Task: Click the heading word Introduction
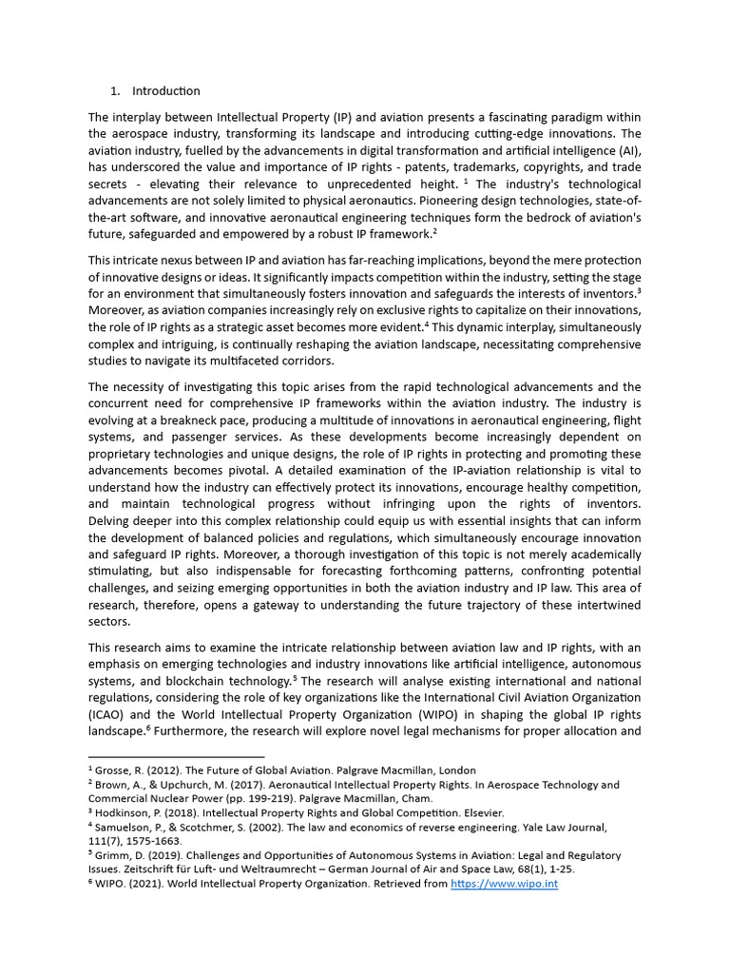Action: coord(166,91)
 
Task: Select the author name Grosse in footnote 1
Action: coord(113,769)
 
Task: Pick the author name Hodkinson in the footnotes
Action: coord(125,813)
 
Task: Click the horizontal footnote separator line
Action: coord(176,756)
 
